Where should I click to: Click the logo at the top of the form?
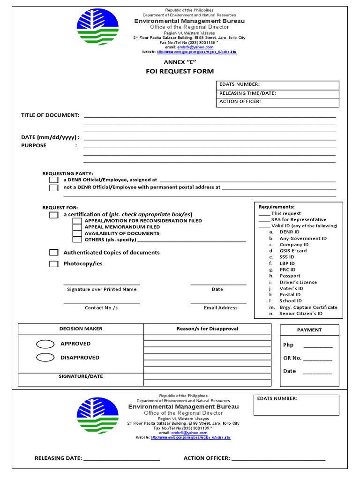pyautogui.click(x=99, y=31)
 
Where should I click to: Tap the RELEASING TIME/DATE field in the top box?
pyautogui.click(x=277, y=93)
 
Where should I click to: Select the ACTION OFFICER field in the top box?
pyautogui.click(x=277, y=102)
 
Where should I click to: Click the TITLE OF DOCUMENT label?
pyautogui.click(x=50, y=115)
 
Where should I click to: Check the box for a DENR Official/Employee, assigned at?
pyautogui.click(x=54, y=180)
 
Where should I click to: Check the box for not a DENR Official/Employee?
pyautogui.click(x=54, y=188)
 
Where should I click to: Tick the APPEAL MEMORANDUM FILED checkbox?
pyautogui.click(x=77, y=227)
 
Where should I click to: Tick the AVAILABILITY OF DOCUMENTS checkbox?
pyautogui.click(x=77, y=233)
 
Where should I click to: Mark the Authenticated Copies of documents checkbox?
pyautogui.click(x=54, y=253)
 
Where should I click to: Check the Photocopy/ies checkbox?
pyautogui.click(x=54, y=264)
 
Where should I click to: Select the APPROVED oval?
pyautogui.click(x=45, y=344)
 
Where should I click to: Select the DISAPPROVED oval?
pyautogui.click(x=45, y=358)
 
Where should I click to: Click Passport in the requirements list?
pyautogui.click(x=290, y=276)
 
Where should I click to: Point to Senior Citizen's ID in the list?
pyautogui.click(x=300, y=314)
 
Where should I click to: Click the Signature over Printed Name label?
pyautogui.click(x=102, y=290)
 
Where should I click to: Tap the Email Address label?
pyautogui.click(x=220, y=308)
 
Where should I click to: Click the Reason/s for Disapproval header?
pyautogui.click(x=207, y=329)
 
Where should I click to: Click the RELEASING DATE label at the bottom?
pyautogui.click(x=58, y=458)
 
